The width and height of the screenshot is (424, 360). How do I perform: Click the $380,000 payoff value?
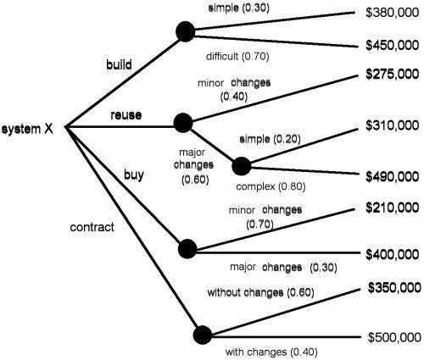click(393, 13)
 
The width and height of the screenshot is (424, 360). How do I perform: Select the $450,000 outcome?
click(393, 45)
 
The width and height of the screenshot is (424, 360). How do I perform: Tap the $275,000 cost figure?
click(393, 74)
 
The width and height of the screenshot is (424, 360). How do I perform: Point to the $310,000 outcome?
click(393, 125)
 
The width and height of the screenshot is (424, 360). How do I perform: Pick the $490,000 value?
click(393, 177)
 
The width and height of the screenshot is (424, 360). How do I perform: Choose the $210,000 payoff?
click(393, 208)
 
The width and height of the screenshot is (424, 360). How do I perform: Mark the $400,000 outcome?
click(393, 255)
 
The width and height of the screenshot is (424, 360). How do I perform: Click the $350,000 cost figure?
click(394, 288)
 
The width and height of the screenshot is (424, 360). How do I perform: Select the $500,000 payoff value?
click(394, 337)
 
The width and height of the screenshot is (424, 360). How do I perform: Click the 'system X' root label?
click(27, 130)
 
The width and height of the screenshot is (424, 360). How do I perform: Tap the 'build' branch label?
click(119, 64)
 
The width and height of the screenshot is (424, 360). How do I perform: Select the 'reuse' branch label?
click(126, 115)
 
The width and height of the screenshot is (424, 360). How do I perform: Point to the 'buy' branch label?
click(134, 175)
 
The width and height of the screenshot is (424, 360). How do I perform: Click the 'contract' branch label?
click(92, 227)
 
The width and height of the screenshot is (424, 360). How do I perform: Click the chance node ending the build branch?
click(186, 31)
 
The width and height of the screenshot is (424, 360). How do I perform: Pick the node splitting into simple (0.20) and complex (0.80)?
click(242, 166)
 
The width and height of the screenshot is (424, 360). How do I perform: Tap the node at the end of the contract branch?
click(203, 335)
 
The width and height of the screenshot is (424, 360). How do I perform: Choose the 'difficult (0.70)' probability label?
click(237, 57)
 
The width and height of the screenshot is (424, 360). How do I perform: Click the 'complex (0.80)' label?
click(271, 186)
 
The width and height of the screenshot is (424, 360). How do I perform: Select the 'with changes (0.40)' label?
click(271, 352)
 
